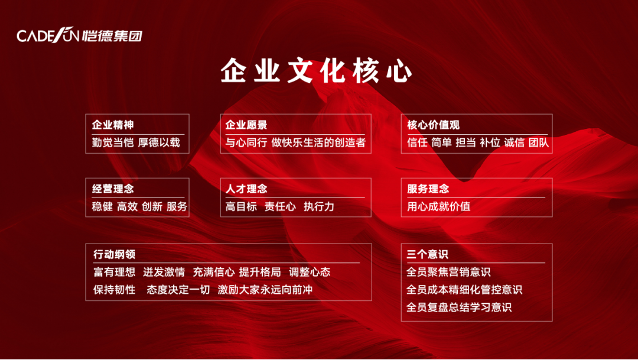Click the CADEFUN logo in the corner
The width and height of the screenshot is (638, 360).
tap(80, 35)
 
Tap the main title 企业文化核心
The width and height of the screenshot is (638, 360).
tap(316, 71)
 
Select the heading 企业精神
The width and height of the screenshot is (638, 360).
tap(113, 125)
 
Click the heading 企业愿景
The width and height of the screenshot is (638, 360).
tap(246, 125)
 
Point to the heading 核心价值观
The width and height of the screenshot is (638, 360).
tap(433, 125)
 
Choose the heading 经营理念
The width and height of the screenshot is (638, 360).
tap(113, 189)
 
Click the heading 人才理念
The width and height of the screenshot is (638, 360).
tap(246, 189)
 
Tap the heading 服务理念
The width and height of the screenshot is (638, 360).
tap(428, 189)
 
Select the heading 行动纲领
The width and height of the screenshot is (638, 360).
tap(115, 254)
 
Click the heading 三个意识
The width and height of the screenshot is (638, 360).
tap(427, 254)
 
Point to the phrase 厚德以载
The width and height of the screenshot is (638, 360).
tap(159, 142)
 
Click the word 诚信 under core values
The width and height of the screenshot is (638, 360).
tap(515, 142)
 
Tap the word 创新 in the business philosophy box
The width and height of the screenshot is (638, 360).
tap(152, 206)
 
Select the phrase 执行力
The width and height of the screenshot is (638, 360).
tap(319, 206)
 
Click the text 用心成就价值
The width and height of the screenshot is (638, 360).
tap(438, 206)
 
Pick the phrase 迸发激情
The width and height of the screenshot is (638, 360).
tap(164, 272)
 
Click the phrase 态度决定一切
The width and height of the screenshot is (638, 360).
tap(178, 290)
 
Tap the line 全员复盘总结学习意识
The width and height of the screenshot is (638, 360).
tap(459, 307)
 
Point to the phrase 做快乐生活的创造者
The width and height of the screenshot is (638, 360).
tap(318, 142)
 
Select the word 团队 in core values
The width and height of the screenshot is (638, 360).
tap(539, 142)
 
